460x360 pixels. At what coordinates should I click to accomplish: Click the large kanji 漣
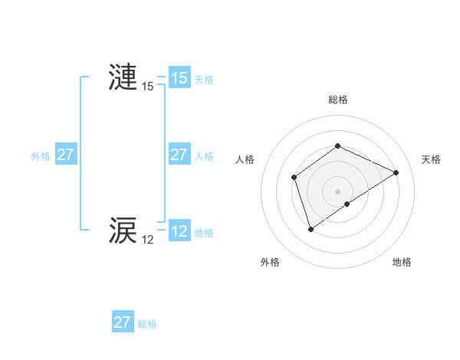[x=123, y=78]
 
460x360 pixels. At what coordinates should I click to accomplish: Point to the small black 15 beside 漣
[x=147, y=87]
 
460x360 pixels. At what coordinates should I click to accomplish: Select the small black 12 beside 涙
[x=147, y=240]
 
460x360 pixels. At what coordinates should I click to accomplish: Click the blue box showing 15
[x=179, y=78]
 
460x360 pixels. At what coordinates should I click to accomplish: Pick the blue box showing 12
[x=179, y=231]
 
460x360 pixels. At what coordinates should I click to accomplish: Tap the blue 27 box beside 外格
[x=65, y=155]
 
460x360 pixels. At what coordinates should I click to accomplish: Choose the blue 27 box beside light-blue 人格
[x=179, y=155]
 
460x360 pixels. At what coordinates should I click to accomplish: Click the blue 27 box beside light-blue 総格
[x=122, y=322]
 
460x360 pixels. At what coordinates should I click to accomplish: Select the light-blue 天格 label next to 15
[x=204, y=79]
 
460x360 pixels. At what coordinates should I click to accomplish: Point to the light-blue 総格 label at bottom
[x=147, y=324]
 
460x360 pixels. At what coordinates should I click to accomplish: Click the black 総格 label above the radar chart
[x=337, y=100]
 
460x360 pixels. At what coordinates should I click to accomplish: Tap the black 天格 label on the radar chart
[x=431, y=159]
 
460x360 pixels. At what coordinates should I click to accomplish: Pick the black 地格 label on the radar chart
[x=402, y=262]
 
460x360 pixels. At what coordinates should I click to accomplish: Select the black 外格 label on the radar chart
[x=270, y=262]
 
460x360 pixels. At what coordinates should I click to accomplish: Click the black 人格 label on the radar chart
[x=245, y=159]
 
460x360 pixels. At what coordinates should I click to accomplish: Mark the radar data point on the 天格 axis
[x=396, y=172]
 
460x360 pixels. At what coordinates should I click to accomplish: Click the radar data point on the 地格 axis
[x=347, y=204]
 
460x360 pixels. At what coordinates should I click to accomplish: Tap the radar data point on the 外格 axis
[x=310, y=228]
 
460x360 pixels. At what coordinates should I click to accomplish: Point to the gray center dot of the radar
[x=337, y=191]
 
